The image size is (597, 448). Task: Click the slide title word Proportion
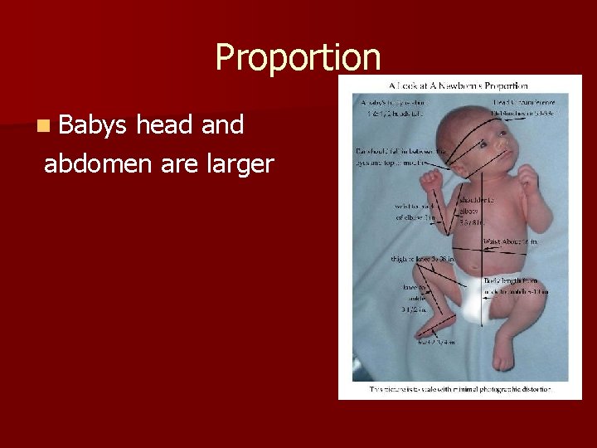(x=298, y=58)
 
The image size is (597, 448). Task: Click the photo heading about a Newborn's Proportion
(x=458, y=85)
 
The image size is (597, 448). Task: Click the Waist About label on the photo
(x=512, y=241)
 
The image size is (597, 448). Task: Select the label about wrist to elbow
(x=417, y=212)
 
